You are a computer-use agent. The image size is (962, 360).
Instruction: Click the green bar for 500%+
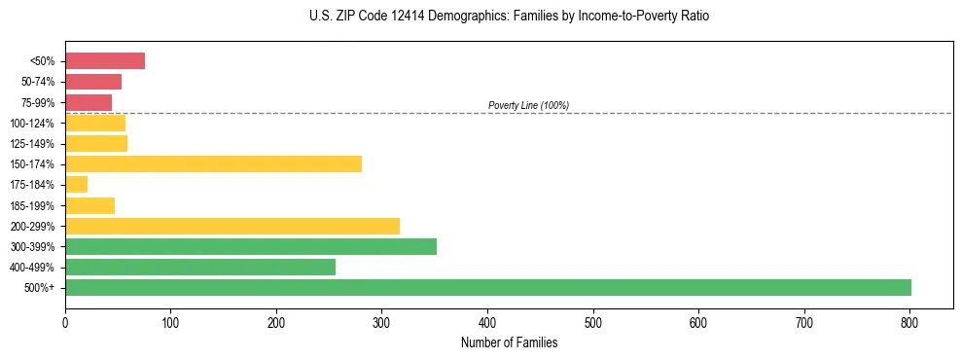487,287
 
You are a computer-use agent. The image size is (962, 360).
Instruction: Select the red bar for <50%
105,61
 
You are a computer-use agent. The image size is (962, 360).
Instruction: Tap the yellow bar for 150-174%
213,163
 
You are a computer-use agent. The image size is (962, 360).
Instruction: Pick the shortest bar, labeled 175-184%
77,184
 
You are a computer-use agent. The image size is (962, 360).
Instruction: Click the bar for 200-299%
232,226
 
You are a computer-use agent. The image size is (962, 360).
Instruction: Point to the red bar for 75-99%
89,102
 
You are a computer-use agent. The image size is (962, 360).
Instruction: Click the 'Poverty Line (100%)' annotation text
528,105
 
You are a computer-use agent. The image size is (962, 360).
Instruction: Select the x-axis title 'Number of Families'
509,342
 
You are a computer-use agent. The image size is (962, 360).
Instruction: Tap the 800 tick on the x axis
909,321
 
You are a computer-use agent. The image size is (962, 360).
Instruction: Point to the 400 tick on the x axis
487,321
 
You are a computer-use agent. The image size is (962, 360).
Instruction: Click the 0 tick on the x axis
65,321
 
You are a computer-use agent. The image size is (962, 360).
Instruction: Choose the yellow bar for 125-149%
96,143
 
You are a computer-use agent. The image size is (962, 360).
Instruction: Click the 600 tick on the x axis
698,321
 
